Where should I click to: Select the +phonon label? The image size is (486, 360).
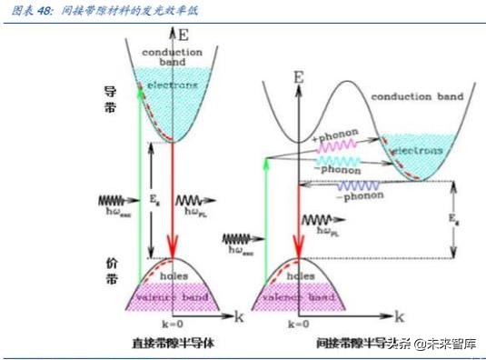click(x=336, y=136)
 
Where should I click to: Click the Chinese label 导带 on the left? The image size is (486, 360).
click(x=113, y=105)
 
